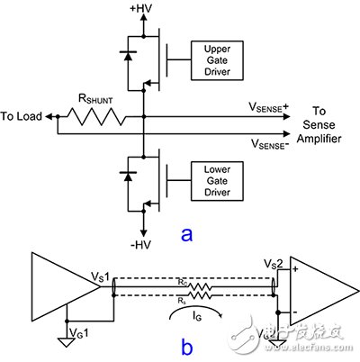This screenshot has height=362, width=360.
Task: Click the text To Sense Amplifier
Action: click(x=327, y=122)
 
